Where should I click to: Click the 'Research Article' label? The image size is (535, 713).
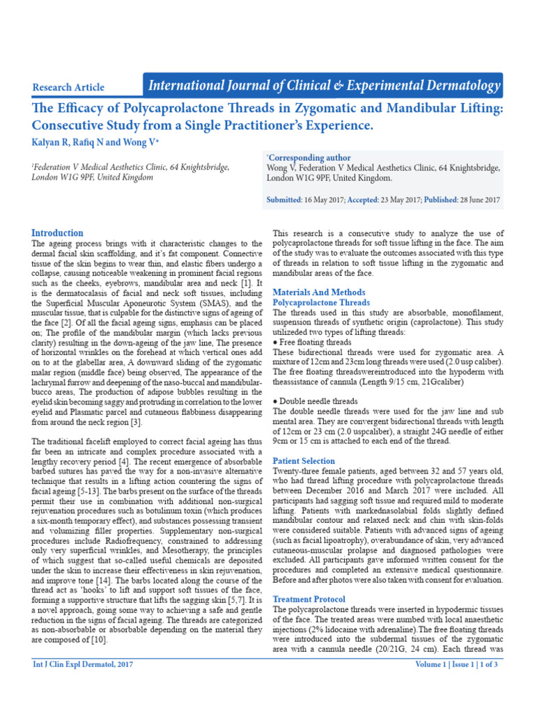68,88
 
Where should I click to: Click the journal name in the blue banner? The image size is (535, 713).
324,86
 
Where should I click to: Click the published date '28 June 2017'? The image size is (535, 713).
479,200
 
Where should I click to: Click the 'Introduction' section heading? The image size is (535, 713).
58,233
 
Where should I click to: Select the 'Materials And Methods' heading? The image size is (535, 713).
318,292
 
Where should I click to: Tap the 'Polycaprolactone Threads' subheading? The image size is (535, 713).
321,303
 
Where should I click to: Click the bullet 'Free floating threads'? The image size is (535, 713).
314,343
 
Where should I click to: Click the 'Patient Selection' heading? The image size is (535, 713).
304,461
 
